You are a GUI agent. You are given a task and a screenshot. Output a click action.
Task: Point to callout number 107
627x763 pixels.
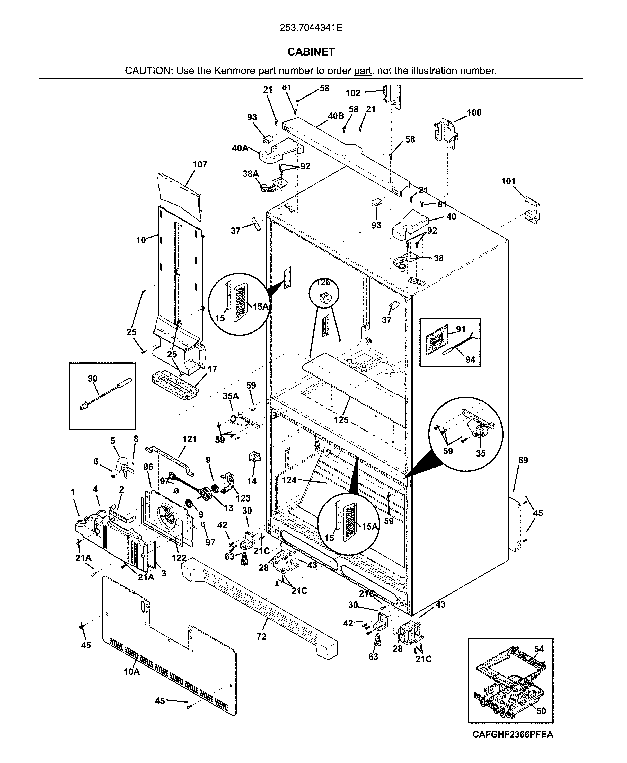[x=200, y=164]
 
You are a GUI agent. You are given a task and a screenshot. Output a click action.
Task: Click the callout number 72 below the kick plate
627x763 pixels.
[x=261, y=647]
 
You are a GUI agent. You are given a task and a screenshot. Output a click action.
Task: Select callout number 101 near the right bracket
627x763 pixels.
[x=508, y=181]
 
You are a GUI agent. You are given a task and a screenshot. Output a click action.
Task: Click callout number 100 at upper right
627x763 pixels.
[x=474, y=113]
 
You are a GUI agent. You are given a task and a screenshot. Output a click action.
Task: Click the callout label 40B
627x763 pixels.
[x=336, y=116]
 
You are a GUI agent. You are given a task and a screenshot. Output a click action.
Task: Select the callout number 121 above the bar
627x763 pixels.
[x=189, y=439]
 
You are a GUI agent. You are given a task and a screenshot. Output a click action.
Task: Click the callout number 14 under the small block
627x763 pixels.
[x=252, y=481]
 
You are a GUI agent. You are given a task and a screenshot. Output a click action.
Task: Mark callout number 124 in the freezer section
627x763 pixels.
[x=289, y=480]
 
